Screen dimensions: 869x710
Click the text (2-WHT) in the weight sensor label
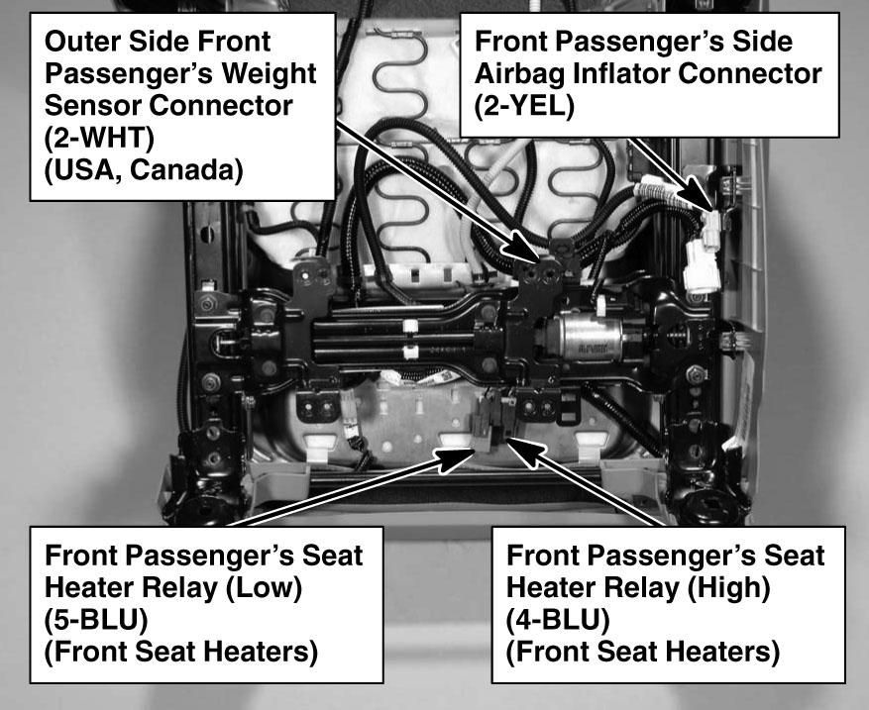(x=99, y=138)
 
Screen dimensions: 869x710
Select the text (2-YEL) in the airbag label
(x=524, y=106)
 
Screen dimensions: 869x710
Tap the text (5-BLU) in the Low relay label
(x=96, y=620)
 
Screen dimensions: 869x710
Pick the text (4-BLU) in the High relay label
(x=558, y=620)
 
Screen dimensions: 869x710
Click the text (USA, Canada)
(x=144, y=170)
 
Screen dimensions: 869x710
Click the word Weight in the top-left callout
(x=269, y=73)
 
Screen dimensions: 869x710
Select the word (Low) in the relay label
(x=264, y=587)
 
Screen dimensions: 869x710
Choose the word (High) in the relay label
(x=728, y=587)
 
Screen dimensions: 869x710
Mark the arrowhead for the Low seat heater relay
(x=457, y=459)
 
